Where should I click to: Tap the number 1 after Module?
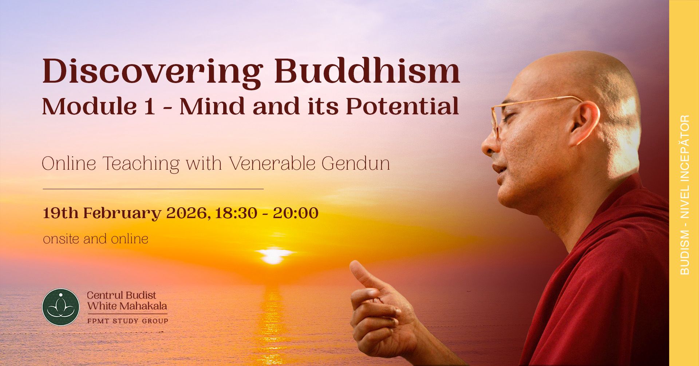click(x=149, y=107)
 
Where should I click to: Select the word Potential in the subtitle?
click(x=402, y=107)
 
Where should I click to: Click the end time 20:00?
click(x=296, y=213)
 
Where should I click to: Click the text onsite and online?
click(x=96, y=239)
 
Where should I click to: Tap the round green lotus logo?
click(x=61, y=307)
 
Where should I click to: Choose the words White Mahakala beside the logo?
click(x=127, y=306)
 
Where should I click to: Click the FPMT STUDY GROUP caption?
click(x=127, y=321)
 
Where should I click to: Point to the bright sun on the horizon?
click(x=272, y=256)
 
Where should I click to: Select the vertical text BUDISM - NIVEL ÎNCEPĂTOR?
click(x=684, y=195)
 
